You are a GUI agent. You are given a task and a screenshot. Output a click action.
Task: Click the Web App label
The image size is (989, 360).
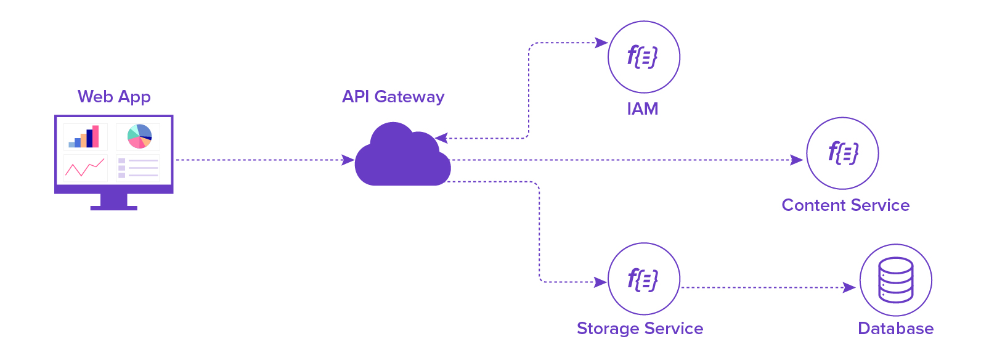click(114, 97)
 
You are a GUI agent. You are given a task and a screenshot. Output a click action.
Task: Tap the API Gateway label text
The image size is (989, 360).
click(393, 97)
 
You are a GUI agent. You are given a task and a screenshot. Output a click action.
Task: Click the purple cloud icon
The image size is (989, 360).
click(402, 157)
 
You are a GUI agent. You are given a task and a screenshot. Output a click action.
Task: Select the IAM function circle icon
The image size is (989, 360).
click(643, 57)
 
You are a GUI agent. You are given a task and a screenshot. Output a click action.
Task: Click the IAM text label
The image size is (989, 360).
click(643, 109)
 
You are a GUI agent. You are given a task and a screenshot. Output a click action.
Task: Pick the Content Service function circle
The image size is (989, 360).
click(842, 153)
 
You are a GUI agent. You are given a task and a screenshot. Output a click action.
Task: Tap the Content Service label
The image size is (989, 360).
click(845, 205)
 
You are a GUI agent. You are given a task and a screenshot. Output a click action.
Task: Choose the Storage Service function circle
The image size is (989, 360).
click(643, 279)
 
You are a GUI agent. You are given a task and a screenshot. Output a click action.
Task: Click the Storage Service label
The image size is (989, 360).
click(640, 329)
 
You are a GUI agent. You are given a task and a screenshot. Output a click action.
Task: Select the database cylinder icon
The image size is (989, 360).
click(895, 280)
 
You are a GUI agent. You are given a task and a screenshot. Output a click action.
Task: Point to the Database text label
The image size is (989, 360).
click(895, 329)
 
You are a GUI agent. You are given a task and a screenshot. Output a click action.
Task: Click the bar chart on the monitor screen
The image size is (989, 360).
click(85, 137)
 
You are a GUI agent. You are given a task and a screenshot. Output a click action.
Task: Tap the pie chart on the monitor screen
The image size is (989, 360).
click(139, 137)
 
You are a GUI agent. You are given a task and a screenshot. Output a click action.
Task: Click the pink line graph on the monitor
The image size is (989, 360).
click(85, 167)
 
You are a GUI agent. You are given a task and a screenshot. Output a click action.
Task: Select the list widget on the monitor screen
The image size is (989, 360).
click(138, 168)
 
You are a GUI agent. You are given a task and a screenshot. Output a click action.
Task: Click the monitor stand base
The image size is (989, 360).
click(113, 208)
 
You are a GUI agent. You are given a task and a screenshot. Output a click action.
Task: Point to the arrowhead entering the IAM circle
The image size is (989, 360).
click(601, 43)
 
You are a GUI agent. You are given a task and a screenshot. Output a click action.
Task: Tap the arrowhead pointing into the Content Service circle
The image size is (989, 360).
click(797, 160)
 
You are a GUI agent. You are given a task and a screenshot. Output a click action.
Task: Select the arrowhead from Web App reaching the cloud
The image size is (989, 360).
click(348, 160)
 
